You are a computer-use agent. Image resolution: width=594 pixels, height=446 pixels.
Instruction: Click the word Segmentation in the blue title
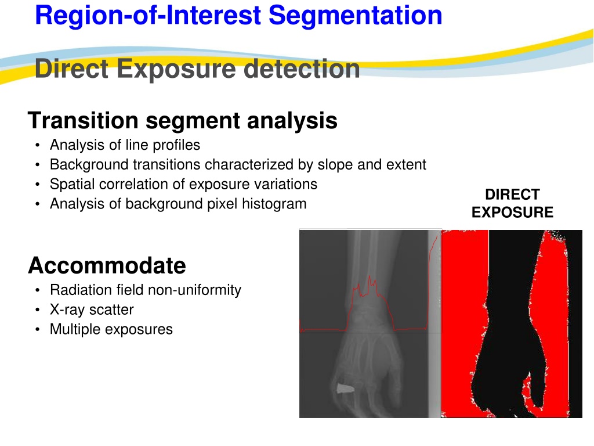coord(356,16)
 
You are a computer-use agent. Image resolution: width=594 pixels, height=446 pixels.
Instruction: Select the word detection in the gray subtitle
coord(302,69)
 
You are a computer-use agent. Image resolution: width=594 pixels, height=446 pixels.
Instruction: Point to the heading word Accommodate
coord(107,265)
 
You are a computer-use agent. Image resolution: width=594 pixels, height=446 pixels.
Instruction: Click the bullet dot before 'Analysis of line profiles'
coord(37,145)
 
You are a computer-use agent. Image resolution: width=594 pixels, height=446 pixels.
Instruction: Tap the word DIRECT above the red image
coord(512,195)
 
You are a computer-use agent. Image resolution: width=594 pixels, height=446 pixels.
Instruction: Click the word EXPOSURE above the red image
coord(512,213)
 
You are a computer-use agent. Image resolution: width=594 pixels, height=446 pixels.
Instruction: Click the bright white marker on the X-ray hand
coord(345,388)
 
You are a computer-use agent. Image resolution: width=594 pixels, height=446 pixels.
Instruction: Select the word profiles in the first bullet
coord(176,145)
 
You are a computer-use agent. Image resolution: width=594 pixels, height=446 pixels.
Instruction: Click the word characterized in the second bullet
coord(248,165)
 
